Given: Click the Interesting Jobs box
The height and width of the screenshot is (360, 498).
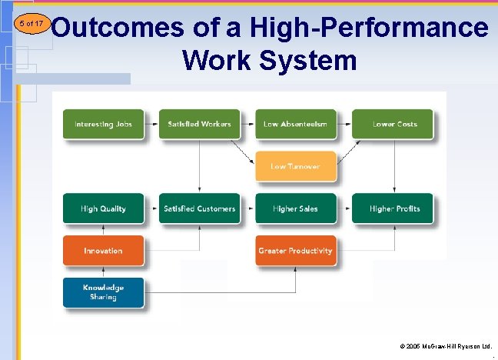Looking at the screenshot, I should [x=103, y=124].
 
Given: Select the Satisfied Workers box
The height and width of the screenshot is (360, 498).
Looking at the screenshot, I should [x=199, y=124].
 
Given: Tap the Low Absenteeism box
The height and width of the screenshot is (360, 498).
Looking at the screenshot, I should [x=296, y=124].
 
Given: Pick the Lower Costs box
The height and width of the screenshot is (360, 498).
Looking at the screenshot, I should [x=393, y=124].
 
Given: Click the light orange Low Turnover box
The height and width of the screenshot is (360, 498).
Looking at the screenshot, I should [x=296, y=166].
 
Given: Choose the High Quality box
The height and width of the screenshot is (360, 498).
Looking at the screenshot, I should [x=103, y=208].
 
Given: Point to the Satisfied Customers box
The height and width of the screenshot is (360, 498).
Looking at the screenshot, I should [x=199, y=208].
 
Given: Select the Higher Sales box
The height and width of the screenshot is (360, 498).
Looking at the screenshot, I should [x=296, y=208].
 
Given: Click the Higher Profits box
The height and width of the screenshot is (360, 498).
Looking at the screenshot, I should [x=393, y=208].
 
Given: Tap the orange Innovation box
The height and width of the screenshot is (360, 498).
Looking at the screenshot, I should [x=103, y=251].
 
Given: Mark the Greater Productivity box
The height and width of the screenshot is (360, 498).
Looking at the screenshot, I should [x=296, y=251].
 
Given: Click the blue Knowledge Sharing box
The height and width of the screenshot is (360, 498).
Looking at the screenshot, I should [x=103, y=292].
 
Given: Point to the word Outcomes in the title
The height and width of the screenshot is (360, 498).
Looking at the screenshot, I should [x=119, y=28].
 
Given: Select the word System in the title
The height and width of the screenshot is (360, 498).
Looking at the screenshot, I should [x=312, y=59].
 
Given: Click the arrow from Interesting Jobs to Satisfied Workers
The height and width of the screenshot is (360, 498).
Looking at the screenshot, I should [x=151, y=124].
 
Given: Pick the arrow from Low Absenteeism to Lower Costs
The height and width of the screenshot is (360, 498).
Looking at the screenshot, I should [x=344, y=124].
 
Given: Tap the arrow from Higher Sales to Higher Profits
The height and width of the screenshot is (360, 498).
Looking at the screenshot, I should [x=344, y=208].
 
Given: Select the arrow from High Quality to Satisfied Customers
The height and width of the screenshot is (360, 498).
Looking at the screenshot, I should [x=151, y=208].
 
